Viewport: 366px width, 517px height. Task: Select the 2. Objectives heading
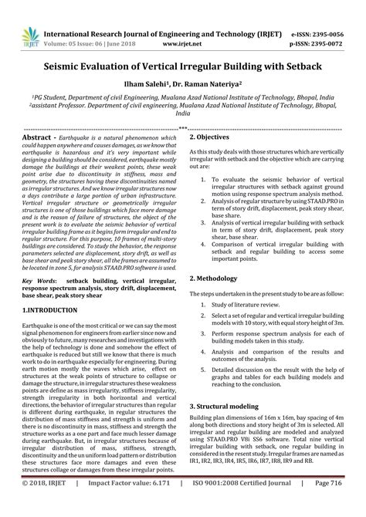point(213,136)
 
